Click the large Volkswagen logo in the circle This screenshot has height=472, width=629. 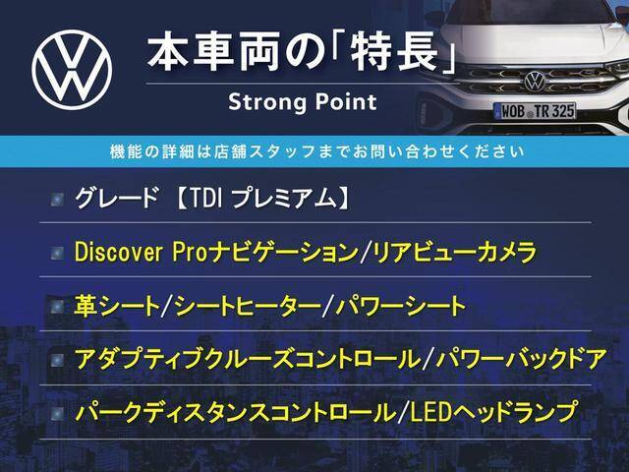pos(72,70)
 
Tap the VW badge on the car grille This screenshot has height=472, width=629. pos(535,81)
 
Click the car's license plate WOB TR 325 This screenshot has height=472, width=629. pos(535,111)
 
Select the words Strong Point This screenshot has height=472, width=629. pos(303,102)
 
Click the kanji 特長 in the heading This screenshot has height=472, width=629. pos(393,53)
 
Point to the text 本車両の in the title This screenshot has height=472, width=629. pos(235,53)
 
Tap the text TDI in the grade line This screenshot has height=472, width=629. pos(204,199)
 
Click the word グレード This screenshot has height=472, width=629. pos(116,199)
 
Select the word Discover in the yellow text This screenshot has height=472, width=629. pos(118,253)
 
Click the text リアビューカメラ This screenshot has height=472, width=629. pos(454,253)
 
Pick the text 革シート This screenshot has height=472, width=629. pos(117,306)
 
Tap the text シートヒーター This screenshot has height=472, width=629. pos(248,306)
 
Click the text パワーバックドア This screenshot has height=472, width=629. pos(521,359)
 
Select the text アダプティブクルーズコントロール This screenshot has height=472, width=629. pos(247,359)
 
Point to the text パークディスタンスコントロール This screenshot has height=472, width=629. pos(236,412)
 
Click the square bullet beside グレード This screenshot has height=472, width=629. pos(57,200)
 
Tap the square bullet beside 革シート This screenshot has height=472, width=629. pos(57,307)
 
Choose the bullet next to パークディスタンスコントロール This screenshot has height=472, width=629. pos(57,413)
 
